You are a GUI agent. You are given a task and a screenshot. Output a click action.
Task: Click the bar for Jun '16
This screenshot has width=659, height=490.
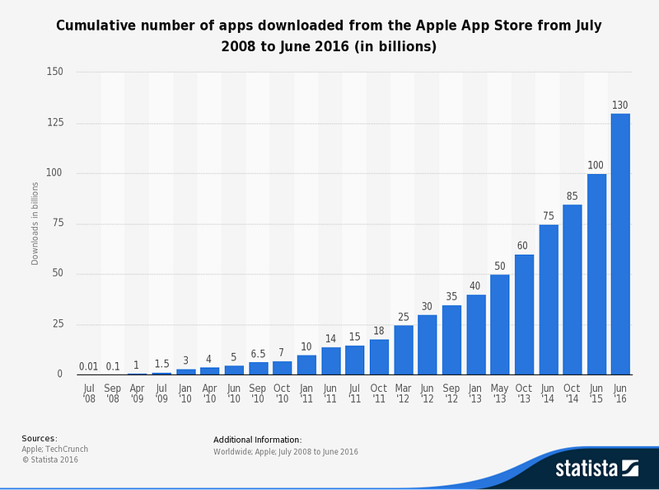(620, 243)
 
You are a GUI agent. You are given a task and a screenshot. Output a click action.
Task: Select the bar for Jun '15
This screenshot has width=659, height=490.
(596, 274)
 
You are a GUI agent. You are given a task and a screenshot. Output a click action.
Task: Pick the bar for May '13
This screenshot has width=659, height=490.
(499, 324)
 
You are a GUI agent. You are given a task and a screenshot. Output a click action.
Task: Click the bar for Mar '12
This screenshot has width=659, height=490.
(403, 350)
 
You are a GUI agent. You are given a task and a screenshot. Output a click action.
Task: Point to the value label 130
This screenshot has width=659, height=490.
(620, 105)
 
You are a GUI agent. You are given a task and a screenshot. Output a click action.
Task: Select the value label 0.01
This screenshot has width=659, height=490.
(88, 366)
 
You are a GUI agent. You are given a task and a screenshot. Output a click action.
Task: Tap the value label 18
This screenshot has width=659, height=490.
(378, 330)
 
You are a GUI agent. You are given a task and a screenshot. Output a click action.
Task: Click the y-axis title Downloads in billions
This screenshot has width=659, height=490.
(35, 223)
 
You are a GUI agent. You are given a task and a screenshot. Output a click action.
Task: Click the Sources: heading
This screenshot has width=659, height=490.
(40, 438)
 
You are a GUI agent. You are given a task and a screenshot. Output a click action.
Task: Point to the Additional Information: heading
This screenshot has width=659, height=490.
(257, 440)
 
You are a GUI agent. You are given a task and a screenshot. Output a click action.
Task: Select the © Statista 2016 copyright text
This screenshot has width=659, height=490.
(49, 459)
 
